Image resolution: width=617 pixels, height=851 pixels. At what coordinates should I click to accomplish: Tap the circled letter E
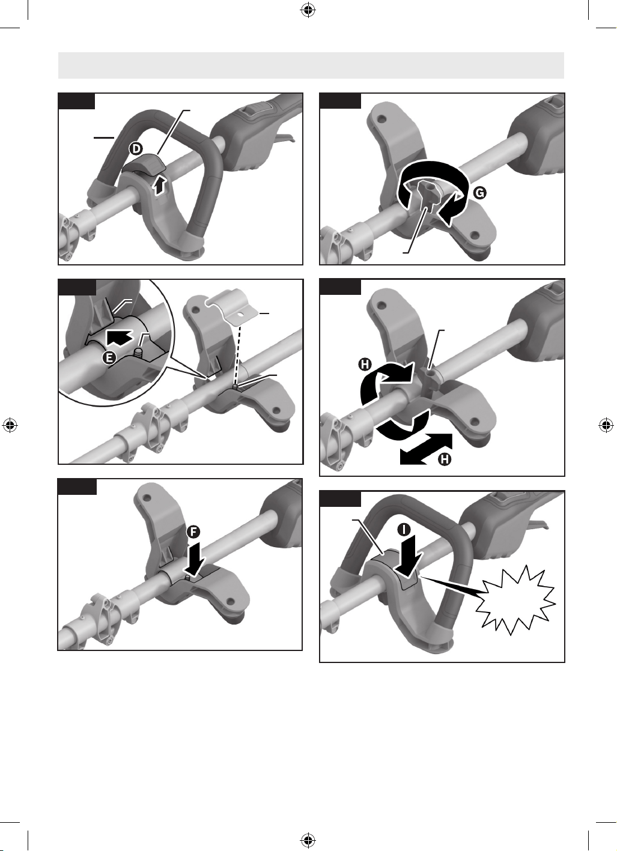click(x=109, y=358)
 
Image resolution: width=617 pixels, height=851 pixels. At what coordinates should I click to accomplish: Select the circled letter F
click(x=194, y=532)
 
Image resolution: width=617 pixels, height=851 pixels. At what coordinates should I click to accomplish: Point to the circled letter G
click(x=480, y=193)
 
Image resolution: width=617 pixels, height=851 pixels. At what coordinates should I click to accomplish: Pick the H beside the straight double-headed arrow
click(x=445, y=459)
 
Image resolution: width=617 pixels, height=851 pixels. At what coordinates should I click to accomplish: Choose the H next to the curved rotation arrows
click(x=365, y=365)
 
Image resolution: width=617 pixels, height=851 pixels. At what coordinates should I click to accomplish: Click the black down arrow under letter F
click(x=196, y=560)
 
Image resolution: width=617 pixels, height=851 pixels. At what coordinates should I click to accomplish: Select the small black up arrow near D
click(x=161, y=186)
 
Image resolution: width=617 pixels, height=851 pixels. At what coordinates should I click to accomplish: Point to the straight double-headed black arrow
click(x=426, y=449)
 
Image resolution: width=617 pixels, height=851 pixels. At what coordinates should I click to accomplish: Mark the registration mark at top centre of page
click(x=308, y=11)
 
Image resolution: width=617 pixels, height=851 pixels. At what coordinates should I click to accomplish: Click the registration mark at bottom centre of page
click(x=308, y=840)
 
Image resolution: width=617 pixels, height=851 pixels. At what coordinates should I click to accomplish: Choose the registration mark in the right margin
click(x=606, y=425)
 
